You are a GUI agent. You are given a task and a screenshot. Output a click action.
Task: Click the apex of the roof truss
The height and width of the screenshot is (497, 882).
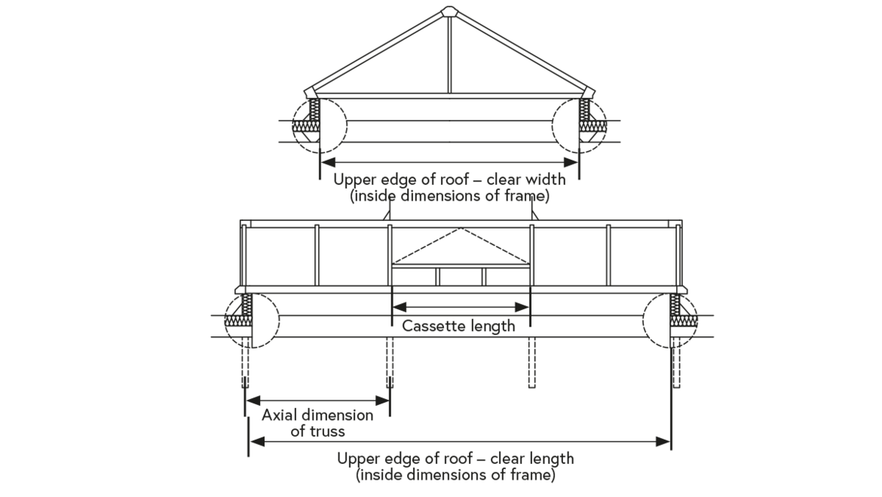[x=449, y=10]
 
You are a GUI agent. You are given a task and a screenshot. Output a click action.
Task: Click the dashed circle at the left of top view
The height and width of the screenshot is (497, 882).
[x=319, y=125]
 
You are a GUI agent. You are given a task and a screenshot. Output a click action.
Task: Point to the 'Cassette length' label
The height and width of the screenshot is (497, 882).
[x=458, y=326]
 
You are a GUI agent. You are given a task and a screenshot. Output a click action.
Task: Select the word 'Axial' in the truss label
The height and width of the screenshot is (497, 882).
[x=280, y=416]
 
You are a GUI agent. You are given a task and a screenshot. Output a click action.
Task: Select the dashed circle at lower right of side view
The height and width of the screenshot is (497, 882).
[x=670, y=319]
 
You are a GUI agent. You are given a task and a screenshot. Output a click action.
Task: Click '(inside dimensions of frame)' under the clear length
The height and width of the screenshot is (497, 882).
[x=456, y=475]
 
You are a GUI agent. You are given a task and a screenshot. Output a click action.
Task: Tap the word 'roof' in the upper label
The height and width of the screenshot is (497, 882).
[x=440, y=180]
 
